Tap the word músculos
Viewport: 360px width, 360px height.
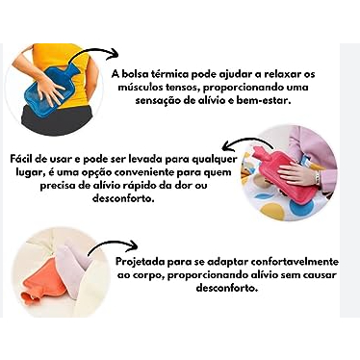pos(140,88)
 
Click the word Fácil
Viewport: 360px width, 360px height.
pos(22,159)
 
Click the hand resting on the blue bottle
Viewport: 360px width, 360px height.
pos(50,89)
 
